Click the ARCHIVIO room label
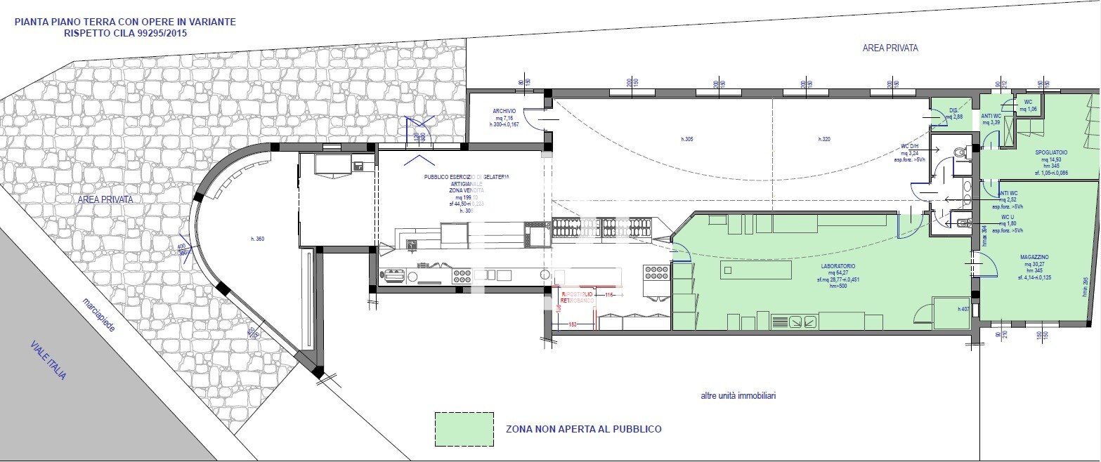[x=504, y=111]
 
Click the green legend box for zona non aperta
[x=463, y=428]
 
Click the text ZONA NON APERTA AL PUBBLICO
[x=583, y=429]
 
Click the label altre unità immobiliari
[x=738, y=396]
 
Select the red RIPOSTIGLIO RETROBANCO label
[x=577, y=296]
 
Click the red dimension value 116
[x=608, y=295]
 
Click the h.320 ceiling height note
[x=824, y=140]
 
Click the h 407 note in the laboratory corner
[x=963, y=309]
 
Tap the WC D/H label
[x=910, y=147]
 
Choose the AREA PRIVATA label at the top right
[x=890, y=48]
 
